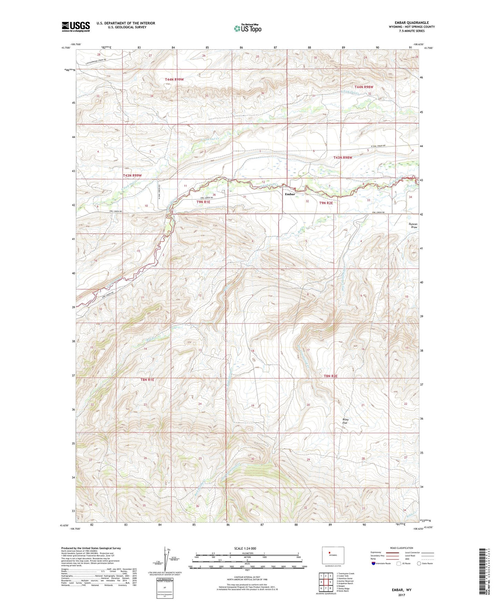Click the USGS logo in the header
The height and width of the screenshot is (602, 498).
[x=75, y=27]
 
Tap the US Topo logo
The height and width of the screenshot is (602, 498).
[x=247, y=28]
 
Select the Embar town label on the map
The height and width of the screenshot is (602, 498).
[x=289, y=194]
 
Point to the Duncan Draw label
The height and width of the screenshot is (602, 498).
[x=413, y=225]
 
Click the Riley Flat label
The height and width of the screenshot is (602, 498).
[x=345, y=421]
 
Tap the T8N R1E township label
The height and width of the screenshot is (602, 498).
[x=147, y=380]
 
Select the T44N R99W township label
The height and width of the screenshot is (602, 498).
[x=174, y=80]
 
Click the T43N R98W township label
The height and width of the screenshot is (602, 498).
[x=343, y=158]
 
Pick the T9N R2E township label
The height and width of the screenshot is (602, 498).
[x=326, y=203]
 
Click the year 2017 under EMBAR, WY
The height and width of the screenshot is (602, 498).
[x=401, y=595]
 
